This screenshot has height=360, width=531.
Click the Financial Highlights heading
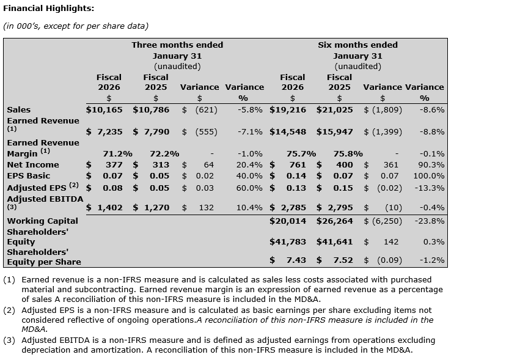click(49, 9)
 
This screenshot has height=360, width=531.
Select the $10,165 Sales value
click(104, 110)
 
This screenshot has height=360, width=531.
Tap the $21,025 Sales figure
click(334, 110)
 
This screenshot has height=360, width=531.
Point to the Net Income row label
click(33, 165)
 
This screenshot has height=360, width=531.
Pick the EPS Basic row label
click(29, 176)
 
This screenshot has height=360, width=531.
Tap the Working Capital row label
click(43, 221)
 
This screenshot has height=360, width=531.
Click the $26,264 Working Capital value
click(334, 221)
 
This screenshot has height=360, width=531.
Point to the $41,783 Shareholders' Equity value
click(288, 242)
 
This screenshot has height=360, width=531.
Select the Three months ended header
click(177, 45)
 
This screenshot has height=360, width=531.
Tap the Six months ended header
click(357, 45)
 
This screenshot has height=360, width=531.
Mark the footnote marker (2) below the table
click(9, 310)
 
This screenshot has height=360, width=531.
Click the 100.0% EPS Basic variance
click(430, 176)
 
